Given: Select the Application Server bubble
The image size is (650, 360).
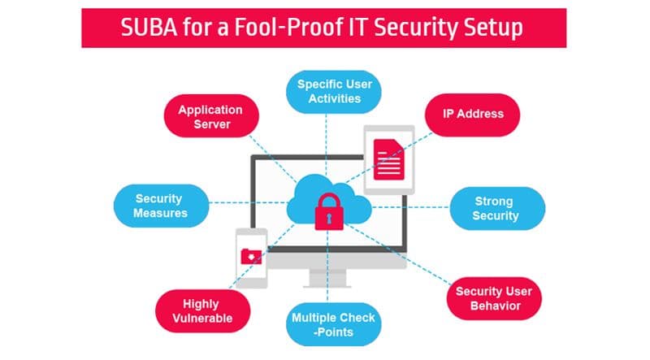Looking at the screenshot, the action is tap(211, 116).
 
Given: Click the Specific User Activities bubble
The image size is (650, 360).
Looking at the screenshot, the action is tap(334, 92).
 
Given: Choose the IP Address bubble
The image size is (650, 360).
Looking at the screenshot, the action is tap(473, 115).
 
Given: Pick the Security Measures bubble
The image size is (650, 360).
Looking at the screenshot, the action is tap(161, 206).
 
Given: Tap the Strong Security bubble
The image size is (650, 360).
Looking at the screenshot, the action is tap(497, 208).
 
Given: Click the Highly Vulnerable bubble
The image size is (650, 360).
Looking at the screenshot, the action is tap(202, 311).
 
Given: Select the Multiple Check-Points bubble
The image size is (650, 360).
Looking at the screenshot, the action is tap(334, 324).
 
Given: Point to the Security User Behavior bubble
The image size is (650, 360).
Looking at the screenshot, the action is tap(494, 298).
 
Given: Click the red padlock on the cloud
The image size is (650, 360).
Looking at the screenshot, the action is tap(329, 211).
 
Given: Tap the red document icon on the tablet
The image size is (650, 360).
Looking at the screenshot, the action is tap(389, 159).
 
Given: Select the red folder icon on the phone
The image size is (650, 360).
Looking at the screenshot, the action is tap(251, 256).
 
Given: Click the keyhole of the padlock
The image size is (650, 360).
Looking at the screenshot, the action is tap(329, 218).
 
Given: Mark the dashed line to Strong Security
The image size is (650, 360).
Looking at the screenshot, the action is tap(410, 207).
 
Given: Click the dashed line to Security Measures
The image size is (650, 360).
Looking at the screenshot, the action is tap(249, 203).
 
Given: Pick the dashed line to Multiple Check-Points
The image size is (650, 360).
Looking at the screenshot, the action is tap(327, 267).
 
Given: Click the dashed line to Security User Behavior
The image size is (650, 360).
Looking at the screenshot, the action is tap(398, 254).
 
